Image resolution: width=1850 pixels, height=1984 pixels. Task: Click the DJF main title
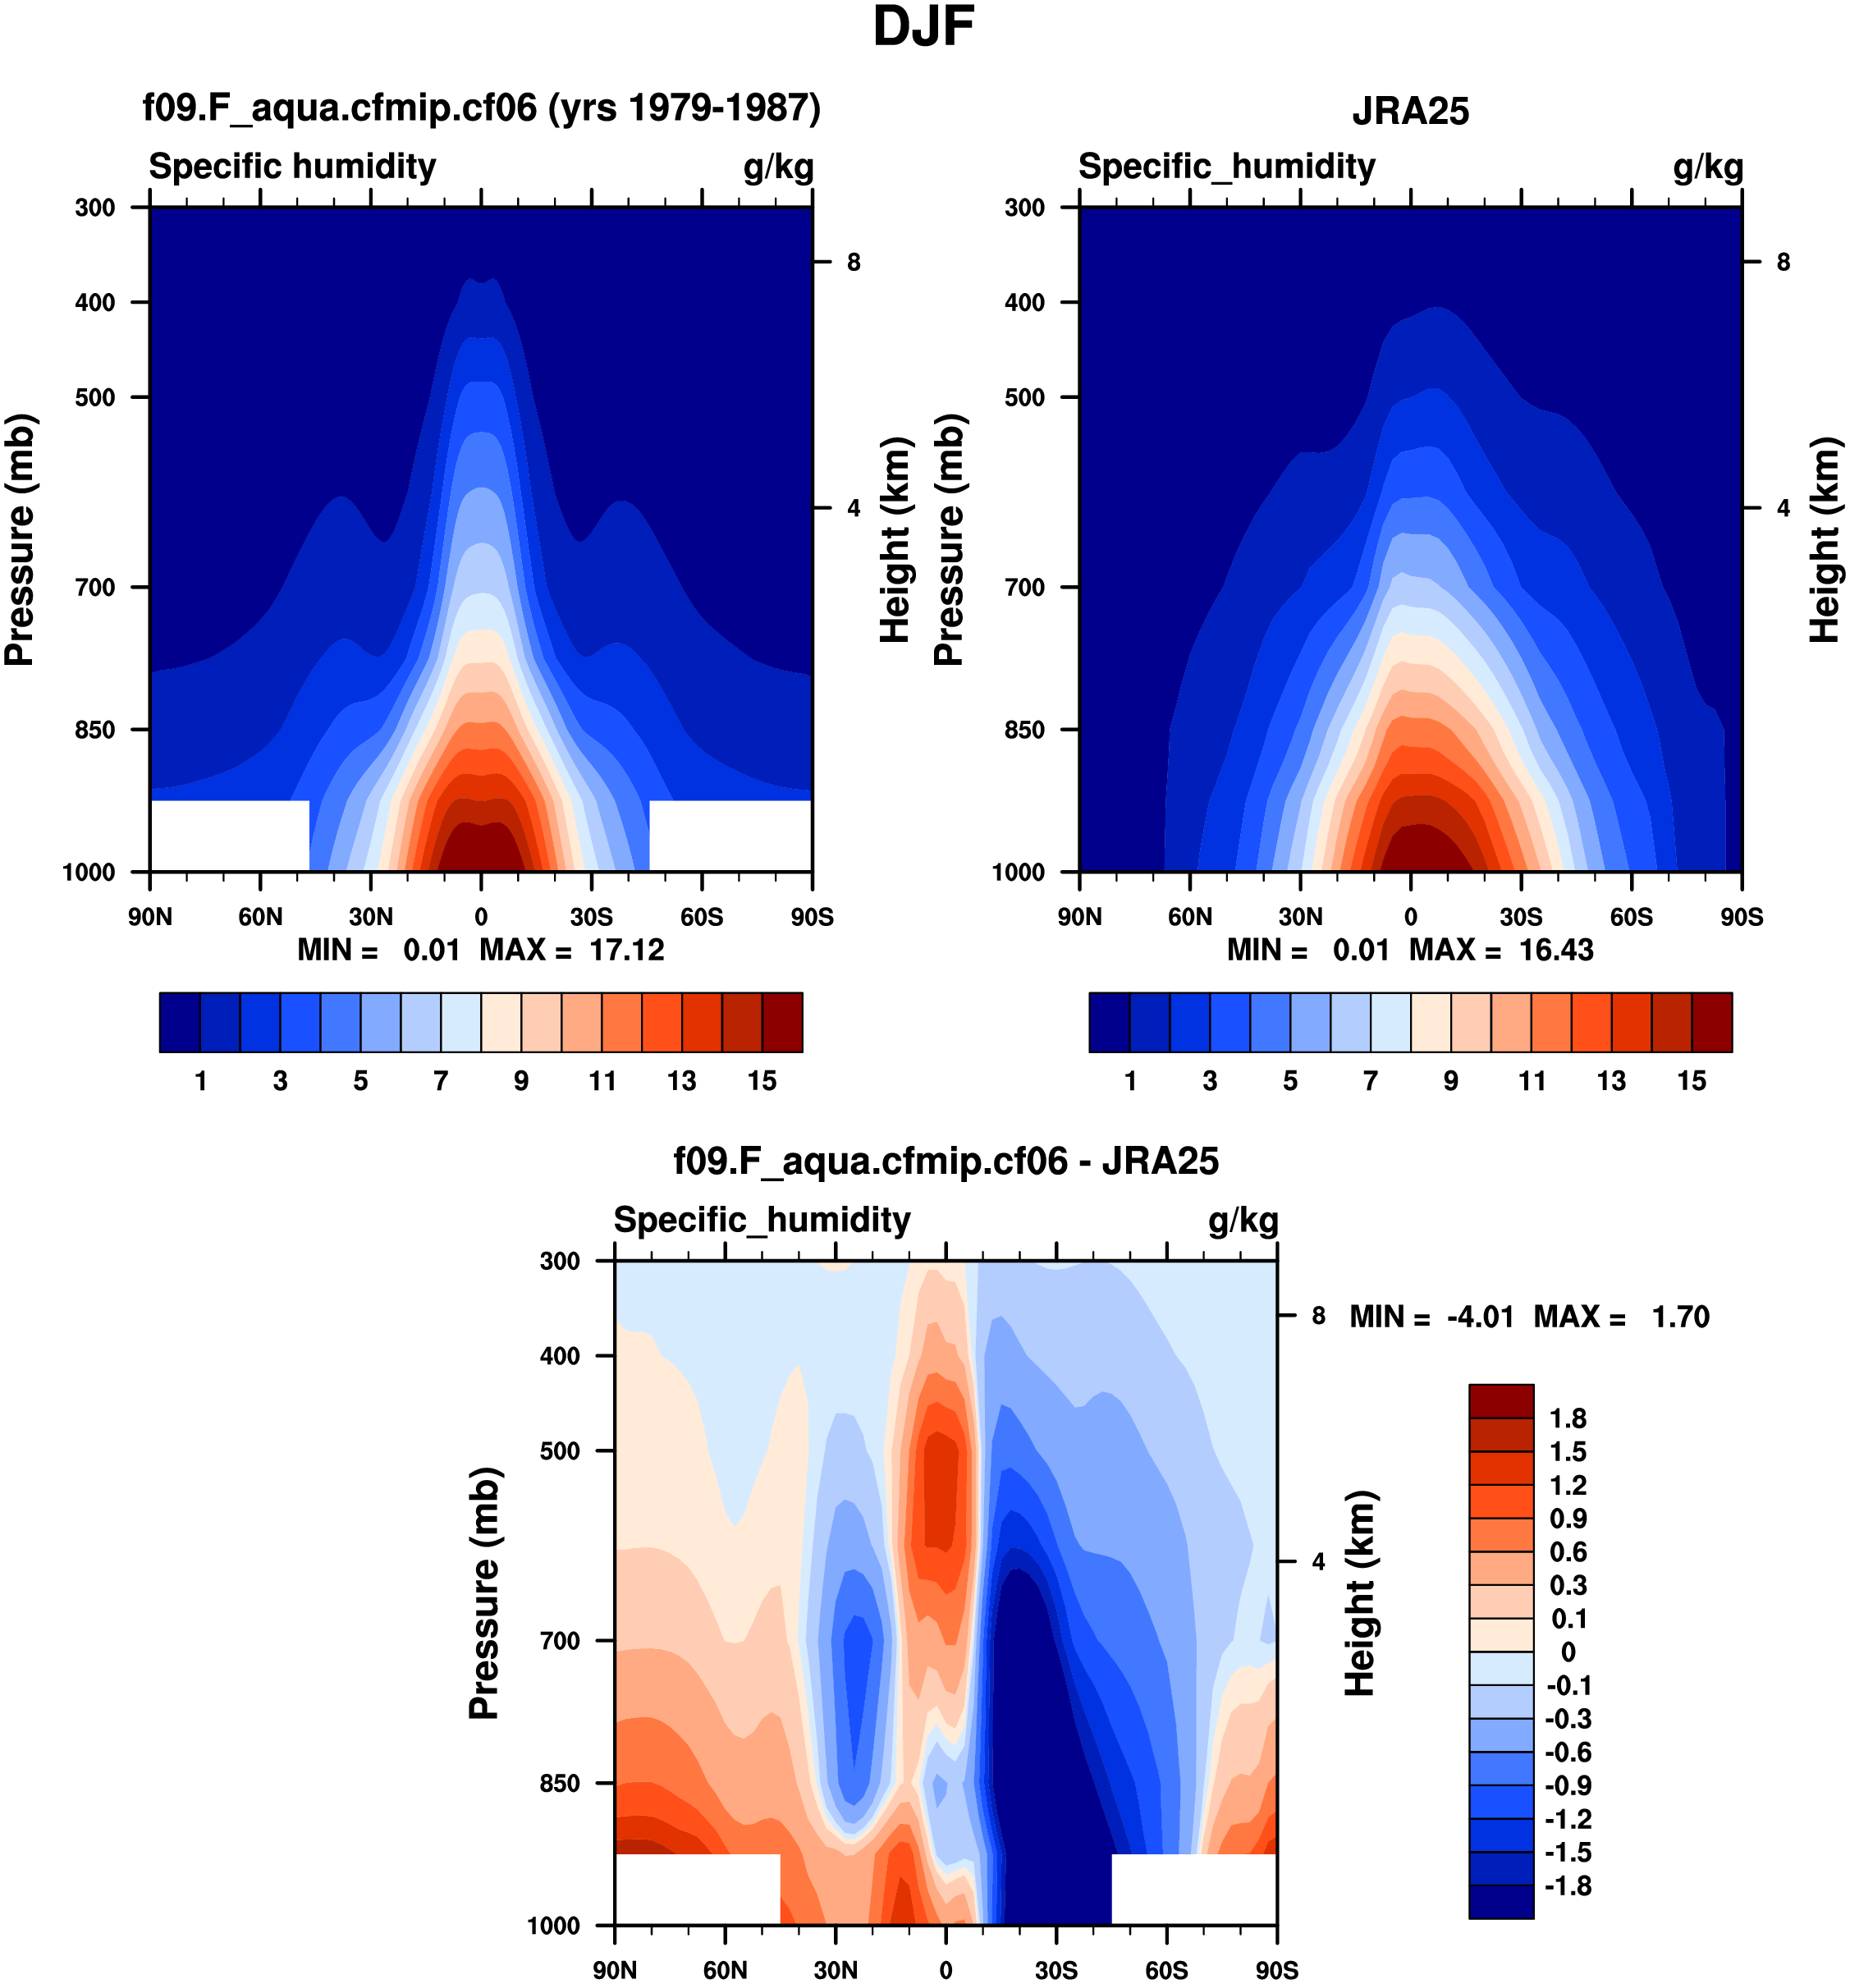tap(923, 28)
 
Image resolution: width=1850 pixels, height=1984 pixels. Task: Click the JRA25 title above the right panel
tap(1410, 111)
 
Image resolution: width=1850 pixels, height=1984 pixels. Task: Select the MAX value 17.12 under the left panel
tap(626, 950)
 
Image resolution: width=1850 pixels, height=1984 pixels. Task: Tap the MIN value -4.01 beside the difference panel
tap(1480, 1317)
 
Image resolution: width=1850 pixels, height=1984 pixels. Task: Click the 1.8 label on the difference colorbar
tap(1568, 1418)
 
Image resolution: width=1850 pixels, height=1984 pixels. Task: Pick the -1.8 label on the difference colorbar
tap(1568, 1886)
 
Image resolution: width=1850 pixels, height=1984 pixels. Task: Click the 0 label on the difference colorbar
tap(1568, 1652)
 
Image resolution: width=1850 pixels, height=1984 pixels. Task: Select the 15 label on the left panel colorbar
tap(762, 1081)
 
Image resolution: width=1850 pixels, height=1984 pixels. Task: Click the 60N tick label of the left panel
tap(259, 917)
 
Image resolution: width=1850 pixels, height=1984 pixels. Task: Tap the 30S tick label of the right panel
tap(1521, 917)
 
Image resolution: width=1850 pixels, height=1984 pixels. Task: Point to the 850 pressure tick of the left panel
tap(94, 730)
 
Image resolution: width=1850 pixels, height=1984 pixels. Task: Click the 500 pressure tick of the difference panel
tap(560, 1451)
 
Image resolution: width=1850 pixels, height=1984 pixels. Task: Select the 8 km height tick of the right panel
tap(1784, 263)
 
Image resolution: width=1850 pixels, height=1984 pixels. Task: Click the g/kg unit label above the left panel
tap(778, 167)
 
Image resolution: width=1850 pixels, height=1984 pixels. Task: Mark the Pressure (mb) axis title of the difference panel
tap(485, 1594)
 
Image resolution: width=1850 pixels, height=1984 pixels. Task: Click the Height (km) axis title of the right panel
tap(1825, 540)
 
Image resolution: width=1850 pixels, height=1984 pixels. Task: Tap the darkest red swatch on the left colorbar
tap(782, 1022)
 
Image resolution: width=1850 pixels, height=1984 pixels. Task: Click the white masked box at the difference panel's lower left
tap(697, 1889)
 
